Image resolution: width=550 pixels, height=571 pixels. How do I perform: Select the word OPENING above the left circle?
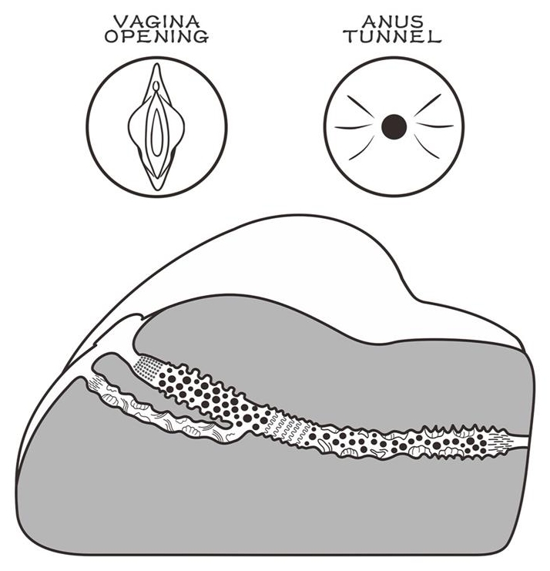(x=157, y=37)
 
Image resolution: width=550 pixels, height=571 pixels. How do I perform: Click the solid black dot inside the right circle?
(x=394, y=126)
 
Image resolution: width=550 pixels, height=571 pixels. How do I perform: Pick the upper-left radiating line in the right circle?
(x=361, y=104)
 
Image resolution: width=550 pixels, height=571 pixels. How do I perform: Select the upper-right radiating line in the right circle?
(x=428, y=104)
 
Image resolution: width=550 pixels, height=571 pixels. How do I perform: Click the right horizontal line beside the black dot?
(x=436, y=125)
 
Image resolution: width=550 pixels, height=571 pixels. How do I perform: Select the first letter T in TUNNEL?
(x=352, y=37)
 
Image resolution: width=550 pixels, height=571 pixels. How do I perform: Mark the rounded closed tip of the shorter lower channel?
(x=224, y=424)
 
